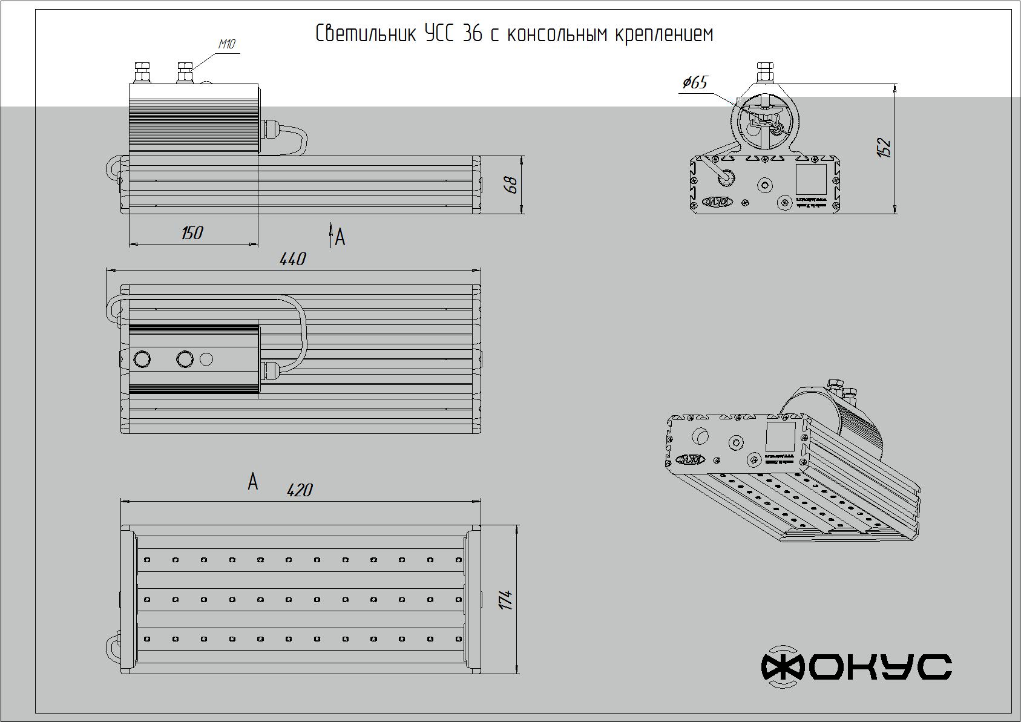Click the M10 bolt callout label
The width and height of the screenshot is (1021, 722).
(x=226, y=44)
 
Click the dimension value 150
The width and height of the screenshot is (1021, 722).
(x=192, y=233)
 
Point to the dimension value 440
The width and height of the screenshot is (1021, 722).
(x=293, y=259)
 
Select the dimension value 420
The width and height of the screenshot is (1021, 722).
(x=299, y=490)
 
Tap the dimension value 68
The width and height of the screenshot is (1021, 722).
(x=511, y=185)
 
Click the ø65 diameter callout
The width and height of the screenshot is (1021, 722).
(x=694, y=82)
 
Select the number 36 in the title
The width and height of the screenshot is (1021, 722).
(x=472, y=34)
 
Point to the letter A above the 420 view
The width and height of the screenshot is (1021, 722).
(x=253, y=482)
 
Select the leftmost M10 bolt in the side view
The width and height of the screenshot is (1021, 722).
(x=143, y=72)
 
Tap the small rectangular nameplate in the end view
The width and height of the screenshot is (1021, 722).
(x=810, y=179)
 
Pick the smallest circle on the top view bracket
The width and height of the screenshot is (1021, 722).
(x=206, y=359)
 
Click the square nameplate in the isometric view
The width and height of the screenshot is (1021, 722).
(x=780, y=436)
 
